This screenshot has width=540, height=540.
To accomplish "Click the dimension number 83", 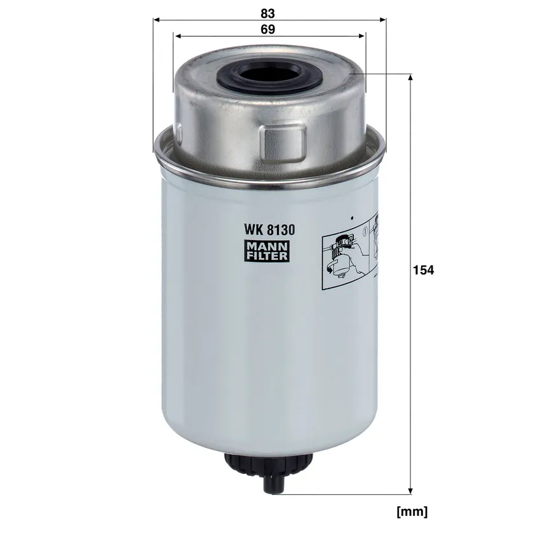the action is point(267,13).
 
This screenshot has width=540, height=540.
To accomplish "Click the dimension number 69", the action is point(267,30).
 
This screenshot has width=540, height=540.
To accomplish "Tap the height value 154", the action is point(424,270).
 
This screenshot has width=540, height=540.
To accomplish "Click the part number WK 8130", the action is point(269,230).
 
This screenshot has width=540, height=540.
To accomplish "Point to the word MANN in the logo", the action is point(267,246).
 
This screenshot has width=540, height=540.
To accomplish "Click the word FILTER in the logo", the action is point(267,256).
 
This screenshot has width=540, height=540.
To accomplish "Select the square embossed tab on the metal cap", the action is point(283,144).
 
